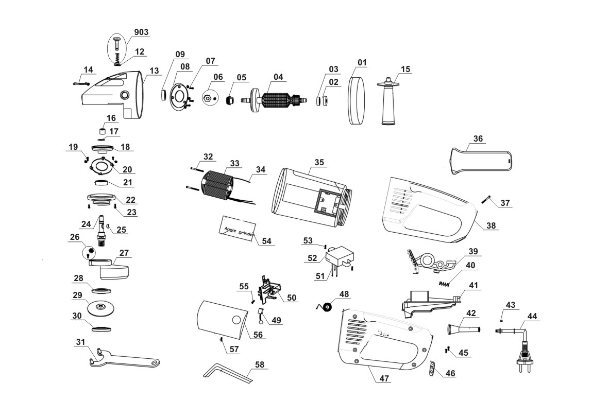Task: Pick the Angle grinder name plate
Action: point(238,228)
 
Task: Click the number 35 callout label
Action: point(319,162)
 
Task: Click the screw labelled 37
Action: point(487,198)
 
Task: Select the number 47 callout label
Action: point(384,379)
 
